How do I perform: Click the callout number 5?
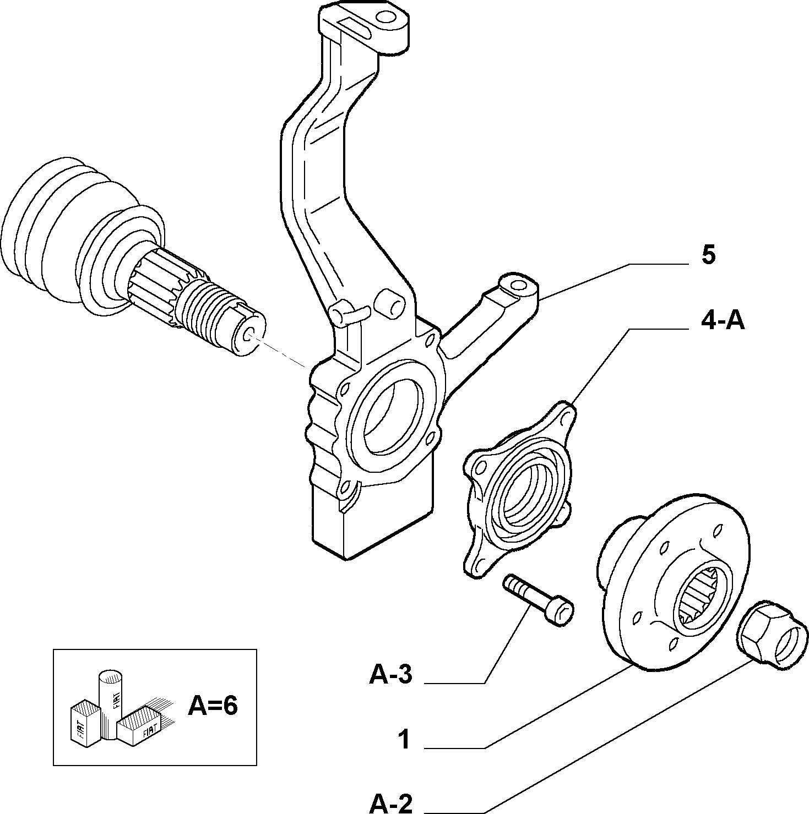(x=708, y=255)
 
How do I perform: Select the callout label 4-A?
(x=723, y=320)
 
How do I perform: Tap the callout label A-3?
(x=390, y=674)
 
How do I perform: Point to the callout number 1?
(x=405, y=740)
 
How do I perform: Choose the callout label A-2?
(x=390, y=804)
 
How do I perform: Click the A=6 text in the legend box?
(x=213, y=706)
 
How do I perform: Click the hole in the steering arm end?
(x=518, y=285)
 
